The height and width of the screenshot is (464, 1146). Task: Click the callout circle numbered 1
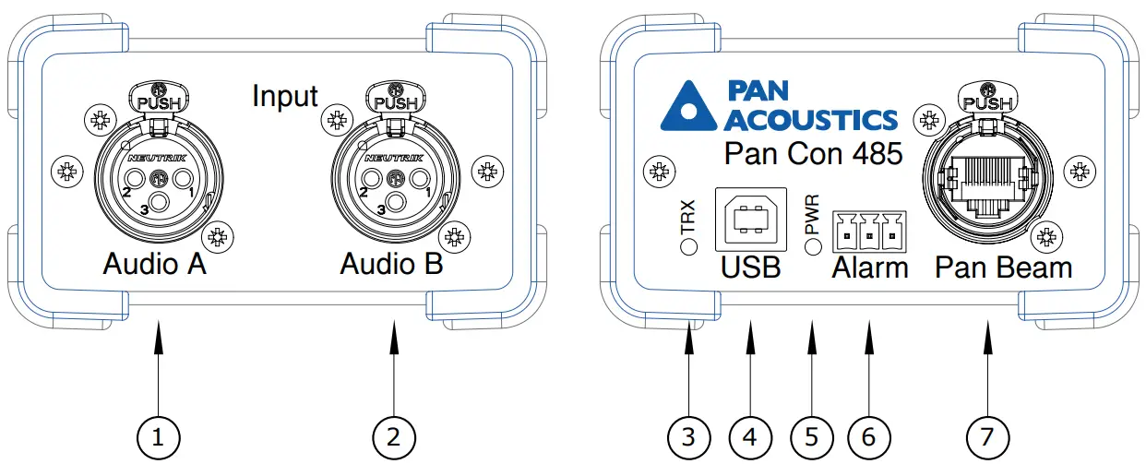[x=159, y=435]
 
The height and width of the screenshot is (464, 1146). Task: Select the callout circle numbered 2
[x=394, y=435]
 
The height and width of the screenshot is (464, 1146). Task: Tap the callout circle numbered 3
[x=688, y=435]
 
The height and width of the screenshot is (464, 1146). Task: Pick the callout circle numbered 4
[x=750, y=435]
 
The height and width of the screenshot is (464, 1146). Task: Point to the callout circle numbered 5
[x=811, y=435]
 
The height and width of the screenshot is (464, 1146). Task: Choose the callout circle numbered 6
[x=867, y=435]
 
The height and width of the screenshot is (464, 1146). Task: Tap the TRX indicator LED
[x=688, y=246]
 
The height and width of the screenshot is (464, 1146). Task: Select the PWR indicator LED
[x=812, y=246]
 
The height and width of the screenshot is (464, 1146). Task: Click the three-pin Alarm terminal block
[x=867, y=232]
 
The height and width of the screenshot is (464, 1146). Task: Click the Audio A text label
[x=154, y=266]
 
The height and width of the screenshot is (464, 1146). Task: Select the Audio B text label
[x=391, y=266]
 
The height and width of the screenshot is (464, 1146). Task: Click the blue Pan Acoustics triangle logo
[x=689, y=105]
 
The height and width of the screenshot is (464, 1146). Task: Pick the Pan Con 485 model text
[x=812, y=153]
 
